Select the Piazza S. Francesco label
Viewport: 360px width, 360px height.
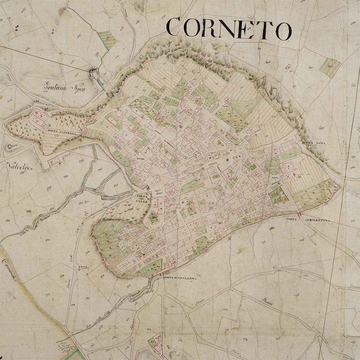[x=275, y=180]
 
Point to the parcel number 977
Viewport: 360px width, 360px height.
[x=88, y=298]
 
